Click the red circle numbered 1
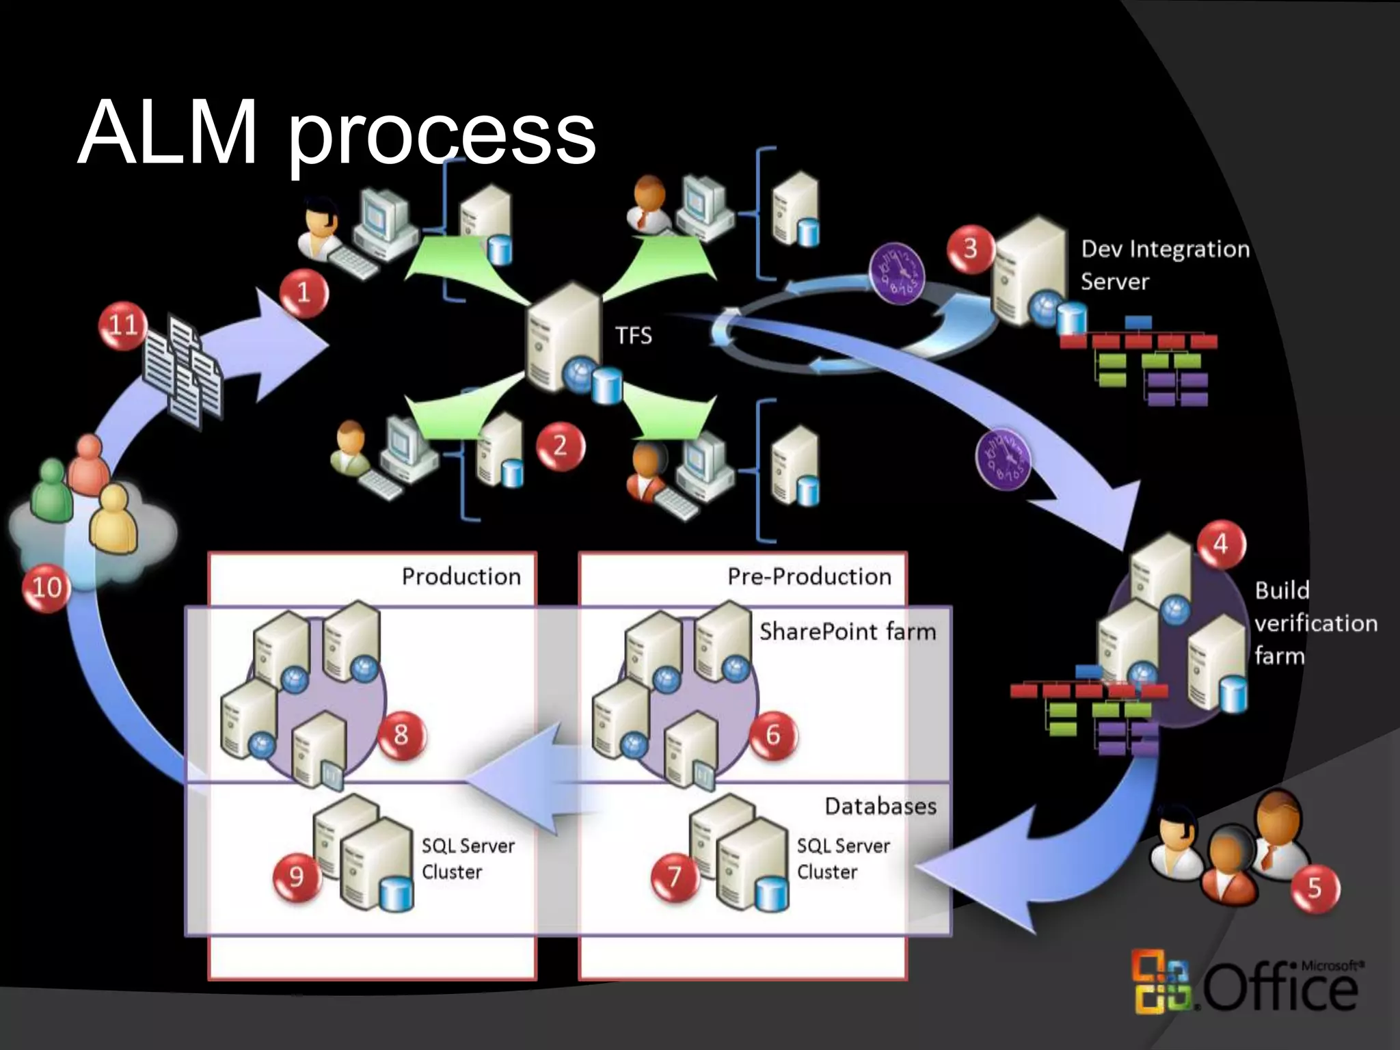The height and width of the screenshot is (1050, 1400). click(304, 293)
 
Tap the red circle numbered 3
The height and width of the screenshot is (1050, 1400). click(971, 249)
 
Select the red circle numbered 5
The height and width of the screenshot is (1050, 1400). click(1315, 888)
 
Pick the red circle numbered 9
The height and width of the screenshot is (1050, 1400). click(296, 876)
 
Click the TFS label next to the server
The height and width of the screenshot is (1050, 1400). click(633, 336)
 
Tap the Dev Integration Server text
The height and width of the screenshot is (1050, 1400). click(1164, 265)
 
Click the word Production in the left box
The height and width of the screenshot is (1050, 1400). click(461, 576)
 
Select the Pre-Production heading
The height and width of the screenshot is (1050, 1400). click(809, 576)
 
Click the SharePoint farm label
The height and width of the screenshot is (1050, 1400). click(847, 631)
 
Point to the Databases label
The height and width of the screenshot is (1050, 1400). click(880, 806)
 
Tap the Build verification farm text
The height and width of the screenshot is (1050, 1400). click(1315, 623)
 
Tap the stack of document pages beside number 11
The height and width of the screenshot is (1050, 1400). click(182, 369)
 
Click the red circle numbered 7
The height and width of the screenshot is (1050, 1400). click(674, 876)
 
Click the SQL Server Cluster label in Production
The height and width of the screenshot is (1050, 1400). click(468, 859)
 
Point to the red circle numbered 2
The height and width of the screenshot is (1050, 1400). click(560, 446)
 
